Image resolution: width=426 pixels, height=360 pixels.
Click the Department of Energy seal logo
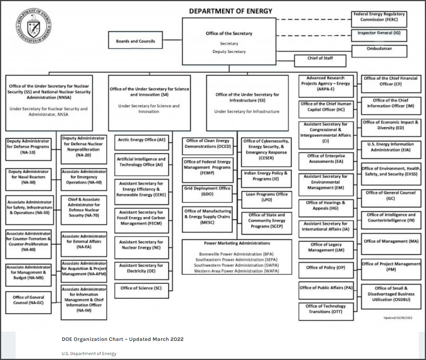click(34, 26)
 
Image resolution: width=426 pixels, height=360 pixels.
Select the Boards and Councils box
click(136, 41)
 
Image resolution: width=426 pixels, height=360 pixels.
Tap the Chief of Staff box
click(320, 60)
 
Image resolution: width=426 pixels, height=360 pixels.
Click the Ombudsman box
click(379, 51)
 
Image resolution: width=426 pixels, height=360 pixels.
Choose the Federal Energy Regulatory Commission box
click(378, 19)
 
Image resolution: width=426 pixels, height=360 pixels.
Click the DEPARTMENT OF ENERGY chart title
click(231, 11)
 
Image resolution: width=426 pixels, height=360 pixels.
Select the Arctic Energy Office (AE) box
click(142, 142)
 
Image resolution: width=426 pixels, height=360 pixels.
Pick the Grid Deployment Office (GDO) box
click(207, 193)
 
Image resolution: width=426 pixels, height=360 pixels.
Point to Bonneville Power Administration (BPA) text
click(236, 254)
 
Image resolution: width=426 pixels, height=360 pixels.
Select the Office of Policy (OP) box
click(325, 270)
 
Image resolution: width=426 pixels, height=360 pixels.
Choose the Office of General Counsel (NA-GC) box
click(28, 302)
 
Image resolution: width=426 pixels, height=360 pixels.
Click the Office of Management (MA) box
click(391, 244)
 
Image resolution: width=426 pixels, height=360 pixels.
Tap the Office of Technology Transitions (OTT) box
click(326, 311)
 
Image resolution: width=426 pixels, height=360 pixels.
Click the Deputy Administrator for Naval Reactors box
click(28, 179)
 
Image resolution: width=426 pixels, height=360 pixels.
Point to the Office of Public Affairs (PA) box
click(326, 290)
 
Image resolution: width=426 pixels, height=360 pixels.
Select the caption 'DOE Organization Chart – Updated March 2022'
click(123, 339)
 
